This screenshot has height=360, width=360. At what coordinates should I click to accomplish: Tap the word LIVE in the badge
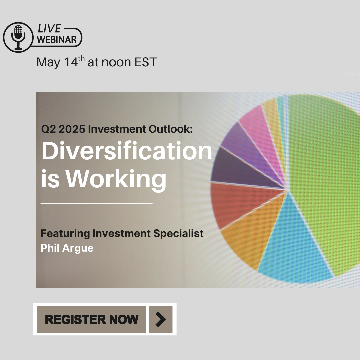[49, 28]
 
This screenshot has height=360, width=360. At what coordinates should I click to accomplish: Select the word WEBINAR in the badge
[56, 39]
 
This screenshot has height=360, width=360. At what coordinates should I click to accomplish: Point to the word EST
[146, 62]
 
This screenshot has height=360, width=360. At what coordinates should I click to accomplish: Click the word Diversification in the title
[127, 151]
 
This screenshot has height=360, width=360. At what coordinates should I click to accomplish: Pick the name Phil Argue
[67, 248]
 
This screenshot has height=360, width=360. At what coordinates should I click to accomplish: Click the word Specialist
[178, 233]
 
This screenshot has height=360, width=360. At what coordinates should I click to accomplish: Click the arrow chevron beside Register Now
[161, 319]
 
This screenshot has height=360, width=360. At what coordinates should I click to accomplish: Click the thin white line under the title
[96, 203]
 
